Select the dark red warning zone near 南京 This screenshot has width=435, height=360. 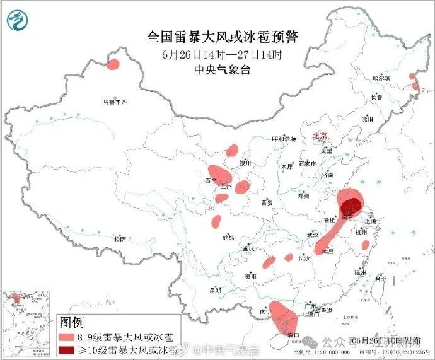(351, 206)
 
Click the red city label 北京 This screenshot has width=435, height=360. (320, 136)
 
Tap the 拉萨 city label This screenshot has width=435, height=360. (120, 240)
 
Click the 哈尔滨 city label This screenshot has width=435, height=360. (381, 78)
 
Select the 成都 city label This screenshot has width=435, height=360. (228, 238)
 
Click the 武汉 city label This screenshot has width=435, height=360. (312, 235)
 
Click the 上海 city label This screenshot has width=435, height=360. (371, 221)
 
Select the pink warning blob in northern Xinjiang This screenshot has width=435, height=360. (114, 64)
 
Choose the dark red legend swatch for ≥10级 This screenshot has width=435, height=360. (66, 349)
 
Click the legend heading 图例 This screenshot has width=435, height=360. (71, 323)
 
